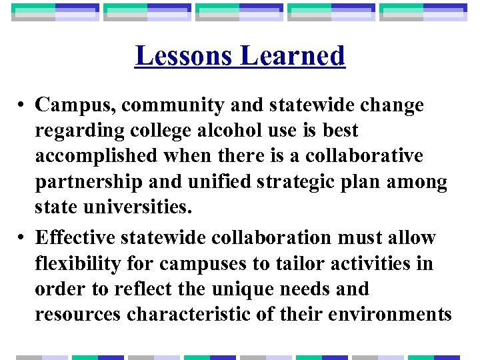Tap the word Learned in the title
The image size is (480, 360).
293,56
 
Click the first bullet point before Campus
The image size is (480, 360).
22,105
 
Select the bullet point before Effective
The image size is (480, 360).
22,238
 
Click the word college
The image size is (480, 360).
155,131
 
